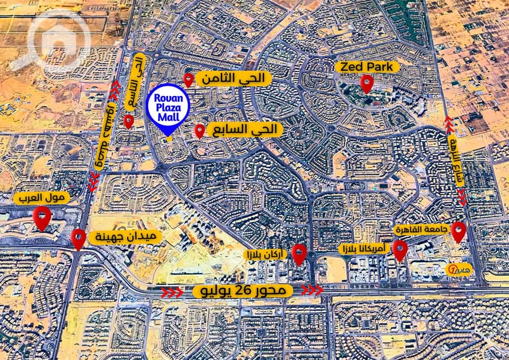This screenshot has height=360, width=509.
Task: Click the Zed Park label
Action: (367, 67)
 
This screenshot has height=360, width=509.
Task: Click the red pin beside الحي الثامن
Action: (188, 79)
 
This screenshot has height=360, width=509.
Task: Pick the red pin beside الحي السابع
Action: (200, 130)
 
